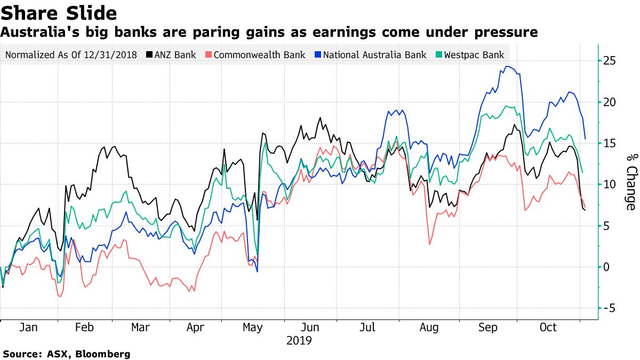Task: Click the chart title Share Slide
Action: coord(59,12)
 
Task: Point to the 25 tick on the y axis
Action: coord(610,61)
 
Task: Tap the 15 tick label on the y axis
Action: coord(610,143)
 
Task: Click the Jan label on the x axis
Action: coord(29,327)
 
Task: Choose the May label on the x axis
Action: coord(252,327)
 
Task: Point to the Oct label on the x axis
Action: coord(548,327)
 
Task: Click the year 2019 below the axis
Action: coord(299,340)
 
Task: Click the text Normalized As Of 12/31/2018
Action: coord(71,54)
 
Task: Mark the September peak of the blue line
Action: coord(507,67)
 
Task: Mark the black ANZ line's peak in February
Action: coord(113,146)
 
